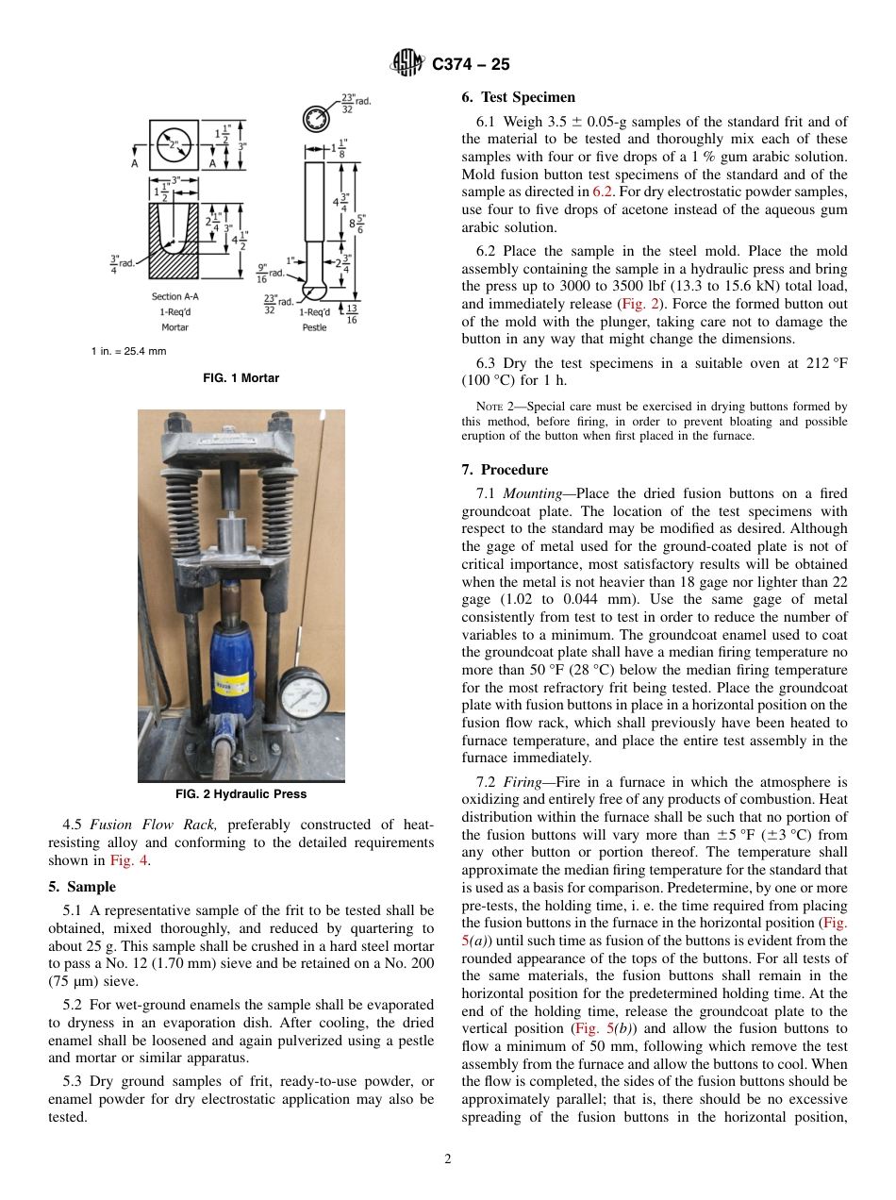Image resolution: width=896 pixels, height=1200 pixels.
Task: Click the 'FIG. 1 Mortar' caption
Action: point(241,378)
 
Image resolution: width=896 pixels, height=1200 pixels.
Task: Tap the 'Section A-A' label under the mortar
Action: point(174,296)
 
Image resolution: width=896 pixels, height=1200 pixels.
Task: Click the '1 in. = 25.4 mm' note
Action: point(129,351)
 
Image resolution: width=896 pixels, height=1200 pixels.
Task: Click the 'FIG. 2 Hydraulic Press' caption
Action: point(241,793)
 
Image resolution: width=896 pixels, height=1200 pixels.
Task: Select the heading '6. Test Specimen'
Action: point(518,97)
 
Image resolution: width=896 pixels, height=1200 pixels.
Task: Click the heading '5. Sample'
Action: point(82,887)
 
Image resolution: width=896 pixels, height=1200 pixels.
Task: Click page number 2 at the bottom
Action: point(448,1159)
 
